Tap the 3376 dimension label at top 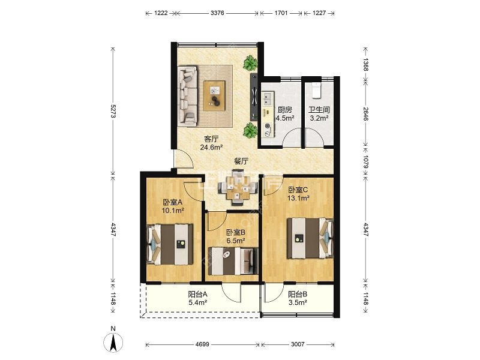tap(217, 13)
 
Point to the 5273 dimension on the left tap(113, 111)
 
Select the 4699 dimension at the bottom tap(202, 344)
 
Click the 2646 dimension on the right tap(365, 113)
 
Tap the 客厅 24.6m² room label tap(211, 143)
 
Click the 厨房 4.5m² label tap(284, 114)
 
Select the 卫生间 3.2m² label tap(319, 114)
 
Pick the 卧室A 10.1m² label tap(173, 206)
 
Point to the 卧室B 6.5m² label tap(236, 236)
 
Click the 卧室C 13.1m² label tap(298, 194)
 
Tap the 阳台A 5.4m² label tap(198, 298)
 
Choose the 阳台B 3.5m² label tap(298, 298)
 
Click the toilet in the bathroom tap(316, 89)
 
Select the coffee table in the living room tap(215, 95)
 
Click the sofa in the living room tap(188, 96)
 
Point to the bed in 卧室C tap(310, 238)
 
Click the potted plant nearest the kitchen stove tap(250, 130)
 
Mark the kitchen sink tap(267, 99)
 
